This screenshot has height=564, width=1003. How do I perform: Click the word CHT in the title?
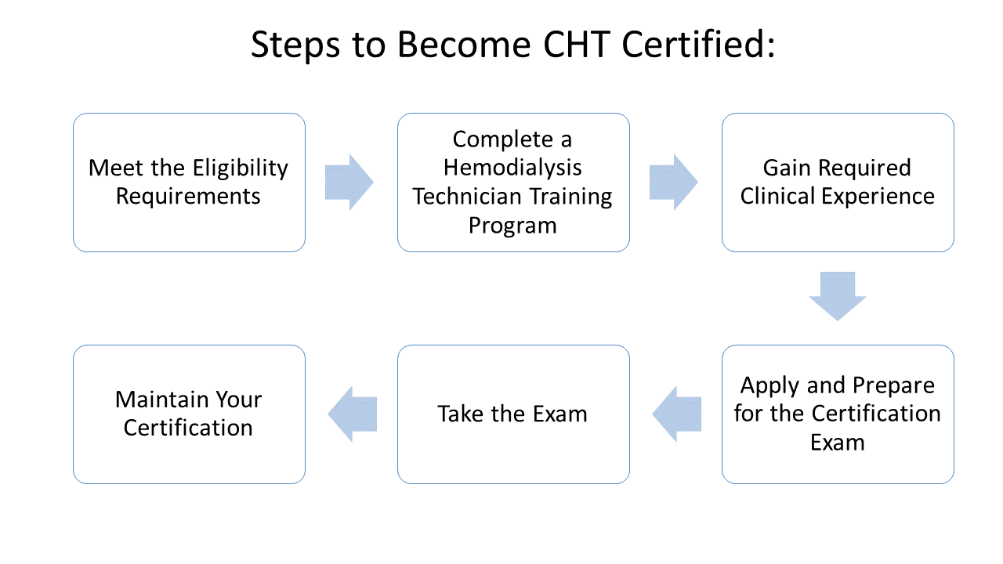pyautogui.click(x=576, y=45)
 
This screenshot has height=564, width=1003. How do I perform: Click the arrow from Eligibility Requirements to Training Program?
pyautogui.click(x=349, y=183)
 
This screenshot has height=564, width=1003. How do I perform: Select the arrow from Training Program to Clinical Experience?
pyautogui.click(x=673, y=183)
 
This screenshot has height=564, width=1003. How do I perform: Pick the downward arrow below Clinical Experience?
pyautogui.click(x=838, y=296)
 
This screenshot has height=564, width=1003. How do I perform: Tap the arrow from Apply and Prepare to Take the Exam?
pyautogui.click(x=676, y=414)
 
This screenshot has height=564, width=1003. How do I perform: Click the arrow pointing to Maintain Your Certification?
pyautogui.click(x=353, y=414)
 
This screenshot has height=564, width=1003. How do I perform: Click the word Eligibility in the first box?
pyautogui.click(x=241, y=169)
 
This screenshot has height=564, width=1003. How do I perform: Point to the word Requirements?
pyautogui.click(x=188, y=197)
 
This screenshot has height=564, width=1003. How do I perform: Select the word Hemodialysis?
pyautogui.click(x=512, y=168)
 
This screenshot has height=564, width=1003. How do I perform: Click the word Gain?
pyautogui.click(x=788, y=168)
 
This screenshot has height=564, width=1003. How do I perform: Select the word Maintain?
pyautogui.click(x=161, y=399)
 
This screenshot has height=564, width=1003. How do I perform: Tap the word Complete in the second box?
pyautogui.click(x=503, y=140)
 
